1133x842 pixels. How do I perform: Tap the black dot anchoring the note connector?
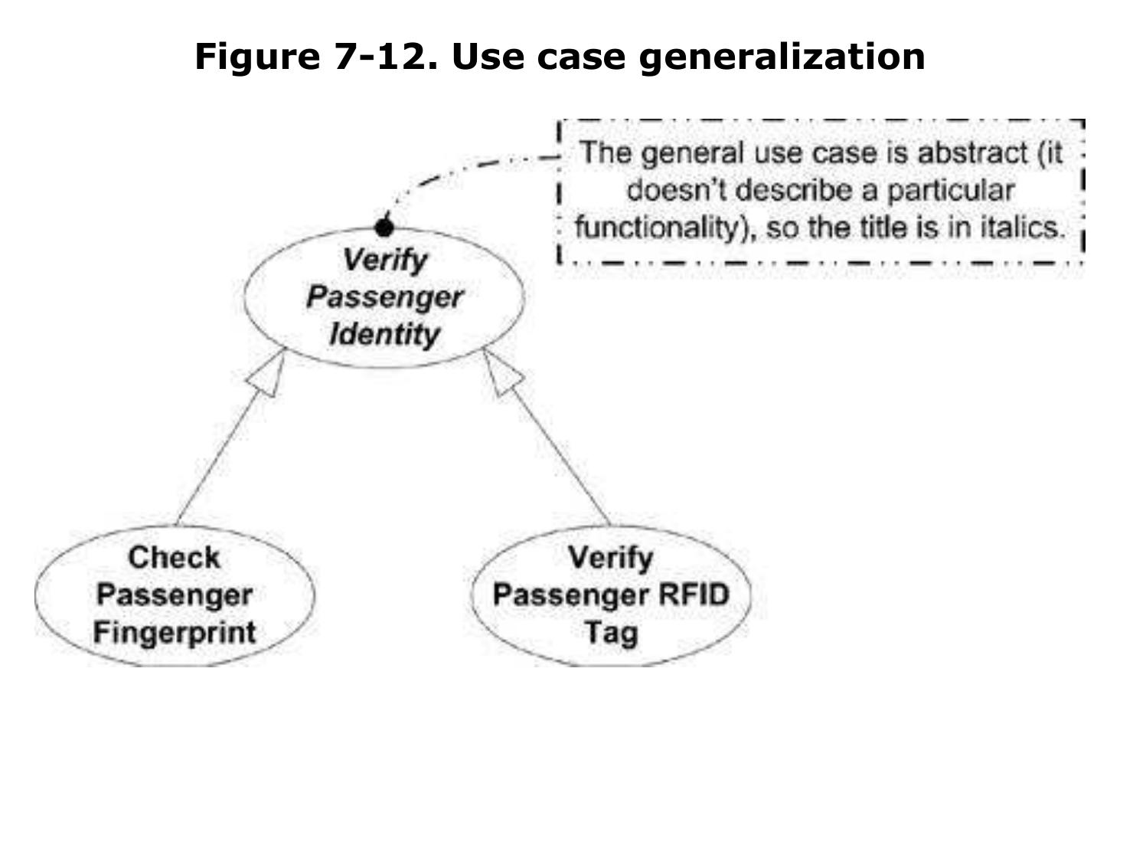coord(384,228)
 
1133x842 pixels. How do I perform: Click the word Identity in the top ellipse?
coord(384,335)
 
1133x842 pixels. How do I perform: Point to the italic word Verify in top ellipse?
coord(384,260)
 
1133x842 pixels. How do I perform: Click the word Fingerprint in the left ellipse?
coord(175,633)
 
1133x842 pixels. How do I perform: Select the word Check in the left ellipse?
coord(174,558)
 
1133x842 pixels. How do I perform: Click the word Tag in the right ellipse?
coord(610,633)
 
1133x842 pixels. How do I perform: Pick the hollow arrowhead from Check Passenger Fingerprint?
coord(272,375)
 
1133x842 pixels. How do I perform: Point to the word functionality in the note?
coord(660,228)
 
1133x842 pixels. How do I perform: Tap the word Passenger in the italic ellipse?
coord(384,297)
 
